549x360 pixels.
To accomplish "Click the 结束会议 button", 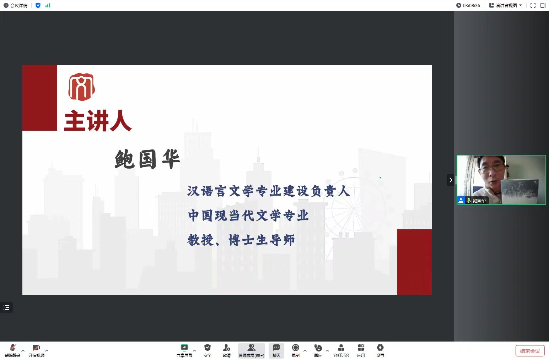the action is point(530,351).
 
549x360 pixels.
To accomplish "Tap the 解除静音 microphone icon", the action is point(13,348).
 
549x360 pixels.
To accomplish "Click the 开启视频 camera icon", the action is point(36,348).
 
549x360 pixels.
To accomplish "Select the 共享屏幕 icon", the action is point(184,348).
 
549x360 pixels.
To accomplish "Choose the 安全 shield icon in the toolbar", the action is point(208,348).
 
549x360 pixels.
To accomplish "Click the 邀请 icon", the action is point(226,348).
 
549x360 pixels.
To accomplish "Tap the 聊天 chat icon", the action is point(276,348).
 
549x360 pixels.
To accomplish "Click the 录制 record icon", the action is point(296,348).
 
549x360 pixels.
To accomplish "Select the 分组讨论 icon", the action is point(341,348).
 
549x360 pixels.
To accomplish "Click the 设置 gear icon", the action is point(380,348).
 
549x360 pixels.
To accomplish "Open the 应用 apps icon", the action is point(361,348).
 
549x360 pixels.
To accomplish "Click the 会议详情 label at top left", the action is point(18,5).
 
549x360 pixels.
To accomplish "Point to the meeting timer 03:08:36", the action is point(471,5).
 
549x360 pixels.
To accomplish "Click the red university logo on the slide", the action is point(82,87).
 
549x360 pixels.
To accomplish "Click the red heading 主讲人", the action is point(98,120).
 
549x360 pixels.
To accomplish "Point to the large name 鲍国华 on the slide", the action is point(147,159).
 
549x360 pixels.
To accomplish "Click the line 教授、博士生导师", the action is point(241,240).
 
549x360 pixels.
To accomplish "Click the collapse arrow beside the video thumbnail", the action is point(451,180).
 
